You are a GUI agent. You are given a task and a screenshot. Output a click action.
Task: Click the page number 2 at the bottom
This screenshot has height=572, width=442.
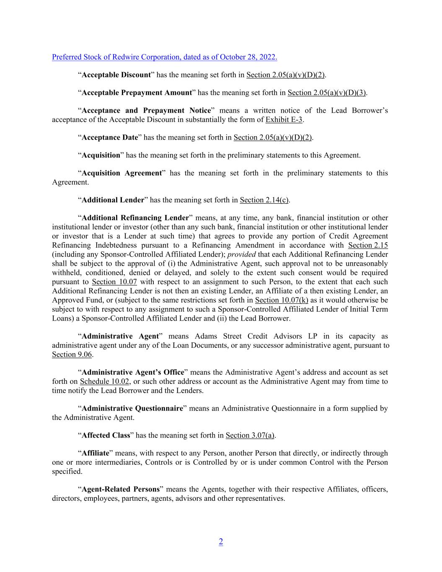[x=221, y=541]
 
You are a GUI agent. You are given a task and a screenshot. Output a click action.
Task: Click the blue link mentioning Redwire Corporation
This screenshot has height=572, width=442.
[x=164, y=57]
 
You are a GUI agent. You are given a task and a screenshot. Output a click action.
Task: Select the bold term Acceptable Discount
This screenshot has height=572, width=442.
[x=116, y=75]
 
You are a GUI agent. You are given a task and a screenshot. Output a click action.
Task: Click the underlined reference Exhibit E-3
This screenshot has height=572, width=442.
[x=284, y=120]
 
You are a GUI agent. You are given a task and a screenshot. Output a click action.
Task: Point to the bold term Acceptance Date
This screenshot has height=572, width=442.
[x=110, y=137]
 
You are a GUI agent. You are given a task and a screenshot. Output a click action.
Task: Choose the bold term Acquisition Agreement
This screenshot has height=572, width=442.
[x=122, y=173]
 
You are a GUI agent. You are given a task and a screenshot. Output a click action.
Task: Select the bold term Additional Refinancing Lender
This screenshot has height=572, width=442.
[x=135, y=218]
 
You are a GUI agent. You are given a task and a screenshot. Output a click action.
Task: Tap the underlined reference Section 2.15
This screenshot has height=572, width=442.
[x=368, y=245]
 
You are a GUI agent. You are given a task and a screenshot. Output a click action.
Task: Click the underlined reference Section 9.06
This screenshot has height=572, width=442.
[x=72, y=355]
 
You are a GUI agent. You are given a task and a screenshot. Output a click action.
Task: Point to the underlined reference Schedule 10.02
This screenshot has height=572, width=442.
[x=105, y=381]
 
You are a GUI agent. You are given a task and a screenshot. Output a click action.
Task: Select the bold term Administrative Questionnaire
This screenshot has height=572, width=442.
[x=132, y=408]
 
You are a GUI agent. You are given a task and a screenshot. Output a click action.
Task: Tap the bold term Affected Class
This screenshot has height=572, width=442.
[x=106, y=435]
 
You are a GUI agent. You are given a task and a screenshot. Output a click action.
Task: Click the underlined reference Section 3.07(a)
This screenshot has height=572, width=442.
[x=250, y=435]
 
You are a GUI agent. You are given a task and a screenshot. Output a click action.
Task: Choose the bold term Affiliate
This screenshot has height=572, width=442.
[x=95, y=453]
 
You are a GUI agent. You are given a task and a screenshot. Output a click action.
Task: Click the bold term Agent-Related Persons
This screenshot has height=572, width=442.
[x=121, y=489]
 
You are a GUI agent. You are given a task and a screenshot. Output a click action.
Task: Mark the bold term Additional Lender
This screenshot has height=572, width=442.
[x=113, y=200]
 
